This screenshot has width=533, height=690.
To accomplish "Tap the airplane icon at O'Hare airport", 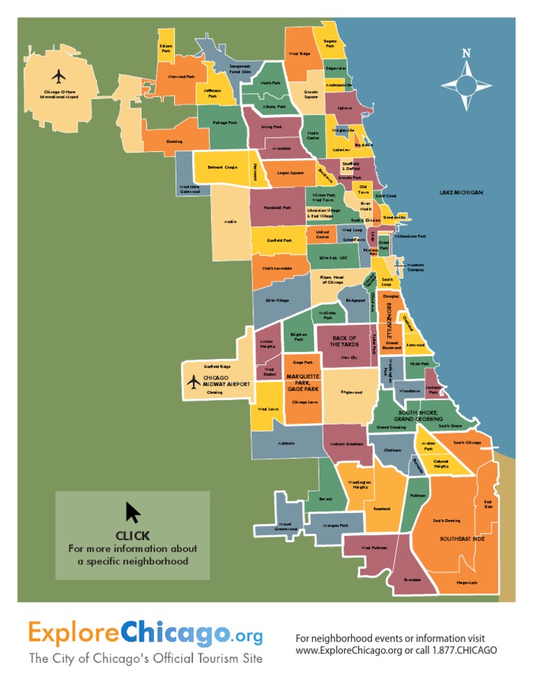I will (59, 75).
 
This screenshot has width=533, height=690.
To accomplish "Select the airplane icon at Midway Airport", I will (194, 381).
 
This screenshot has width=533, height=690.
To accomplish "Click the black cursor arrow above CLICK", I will (133, 513).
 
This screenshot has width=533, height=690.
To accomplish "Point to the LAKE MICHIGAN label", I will (461, 192).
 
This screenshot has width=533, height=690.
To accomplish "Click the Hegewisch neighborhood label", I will (467, 582).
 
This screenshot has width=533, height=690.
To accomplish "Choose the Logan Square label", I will (290, 173).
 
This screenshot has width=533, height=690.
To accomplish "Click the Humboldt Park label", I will (277, 208).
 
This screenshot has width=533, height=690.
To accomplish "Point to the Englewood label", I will (351, 392).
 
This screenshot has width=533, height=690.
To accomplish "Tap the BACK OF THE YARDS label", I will (343, 341).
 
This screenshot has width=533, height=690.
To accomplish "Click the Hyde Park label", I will (419, 364).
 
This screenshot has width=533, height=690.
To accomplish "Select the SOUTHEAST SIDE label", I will (462, 539).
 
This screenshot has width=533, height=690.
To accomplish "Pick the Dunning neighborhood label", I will (174, 142).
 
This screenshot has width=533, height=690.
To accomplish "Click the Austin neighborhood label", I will (230, 221).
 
